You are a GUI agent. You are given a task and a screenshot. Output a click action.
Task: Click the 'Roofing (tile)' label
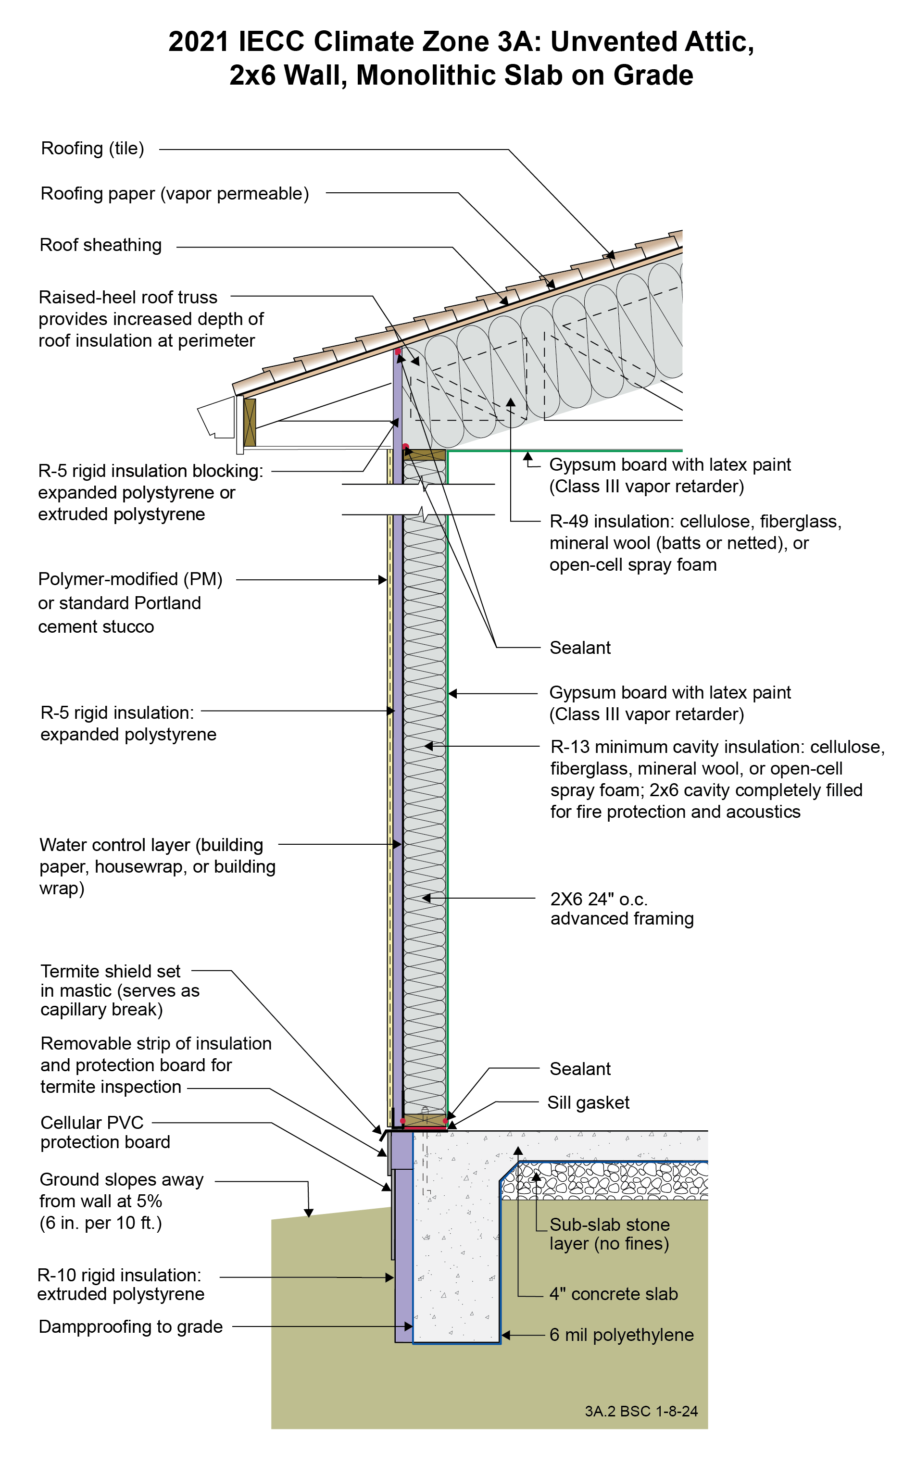point(92,149)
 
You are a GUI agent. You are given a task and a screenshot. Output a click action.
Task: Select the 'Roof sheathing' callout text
point(100,245)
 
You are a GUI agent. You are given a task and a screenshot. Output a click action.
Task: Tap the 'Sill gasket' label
point(588,1102)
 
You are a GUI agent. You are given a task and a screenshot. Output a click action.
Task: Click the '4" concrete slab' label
point(613,1294)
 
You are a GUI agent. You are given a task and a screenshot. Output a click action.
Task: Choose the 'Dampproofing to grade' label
point(130,1326)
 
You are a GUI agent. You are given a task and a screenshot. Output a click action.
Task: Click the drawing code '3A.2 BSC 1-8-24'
point(641,1411)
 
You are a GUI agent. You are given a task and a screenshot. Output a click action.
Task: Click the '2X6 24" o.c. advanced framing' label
point(621,909)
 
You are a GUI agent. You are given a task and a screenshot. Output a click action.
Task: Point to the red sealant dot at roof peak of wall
point(398,351)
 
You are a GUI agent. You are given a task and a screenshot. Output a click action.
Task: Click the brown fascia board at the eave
point(249,422)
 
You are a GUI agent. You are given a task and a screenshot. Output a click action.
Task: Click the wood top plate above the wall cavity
point(425,454)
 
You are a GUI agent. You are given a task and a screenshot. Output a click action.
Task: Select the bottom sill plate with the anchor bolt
point(424,1120)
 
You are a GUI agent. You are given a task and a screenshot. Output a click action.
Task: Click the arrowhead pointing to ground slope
point(308,1213)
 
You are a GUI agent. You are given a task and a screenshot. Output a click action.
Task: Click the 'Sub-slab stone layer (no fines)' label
point(609,1234)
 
